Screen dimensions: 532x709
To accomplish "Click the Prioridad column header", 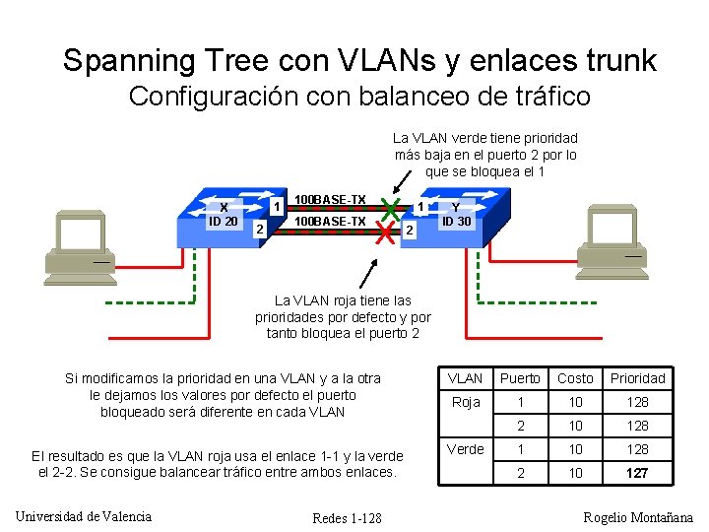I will [637, 378].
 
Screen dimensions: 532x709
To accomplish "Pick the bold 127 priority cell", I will [637, 473].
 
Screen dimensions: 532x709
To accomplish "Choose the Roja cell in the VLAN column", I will [465, 402].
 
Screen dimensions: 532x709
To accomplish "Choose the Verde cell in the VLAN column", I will [465, 449].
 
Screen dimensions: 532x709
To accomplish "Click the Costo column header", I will [575, 378].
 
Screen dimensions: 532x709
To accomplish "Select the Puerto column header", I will [520, 378].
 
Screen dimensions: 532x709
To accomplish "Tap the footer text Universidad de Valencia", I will [84, 516].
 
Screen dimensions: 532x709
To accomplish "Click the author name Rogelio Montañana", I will [638, 517].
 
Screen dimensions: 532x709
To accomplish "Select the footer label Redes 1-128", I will [347, 518].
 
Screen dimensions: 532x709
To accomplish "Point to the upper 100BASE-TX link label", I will [330, 201].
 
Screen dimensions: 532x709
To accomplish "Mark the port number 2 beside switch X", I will [258, 230].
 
